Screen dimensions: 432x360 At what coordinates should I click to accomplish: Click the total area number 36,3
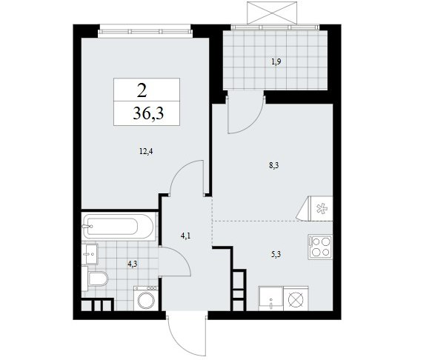148,113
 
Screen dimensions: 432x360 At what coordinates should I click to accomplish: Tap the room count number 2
142,90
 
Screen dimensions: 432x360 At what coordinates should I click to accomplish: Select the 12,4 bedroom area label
146,151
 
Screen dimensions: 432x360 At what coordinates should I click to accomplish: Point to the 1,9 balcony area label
276,61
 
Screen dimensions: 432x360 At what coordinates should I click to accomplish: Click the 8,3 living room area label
274,165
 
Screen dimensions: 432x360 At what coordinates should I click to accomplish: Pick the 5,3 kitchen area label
276,255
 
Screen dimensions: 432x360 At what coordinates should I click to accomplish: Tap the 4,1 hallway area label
186,236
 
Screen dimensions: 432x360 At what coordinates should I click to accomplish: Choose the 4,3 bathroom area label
132,264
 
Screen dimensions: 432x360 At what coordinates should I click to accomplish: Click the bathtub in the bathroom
118,227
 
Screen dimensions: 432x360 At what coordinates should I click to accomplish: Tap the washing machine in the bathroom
145,299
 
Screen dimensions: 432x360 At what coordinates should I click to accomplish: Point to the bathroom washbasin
90,253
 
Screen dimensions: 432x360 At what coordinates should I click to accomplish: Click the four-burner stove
320,247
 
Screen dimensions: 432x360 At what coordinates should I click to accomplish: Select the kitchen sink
270,299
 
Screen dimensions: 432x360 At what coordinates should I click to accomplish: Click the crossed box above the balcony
273,13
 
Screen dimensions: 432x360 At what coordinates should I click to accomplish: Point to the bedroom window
145,30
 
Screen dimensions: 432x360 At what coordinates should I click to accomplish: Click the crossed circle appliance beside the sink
296,299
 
